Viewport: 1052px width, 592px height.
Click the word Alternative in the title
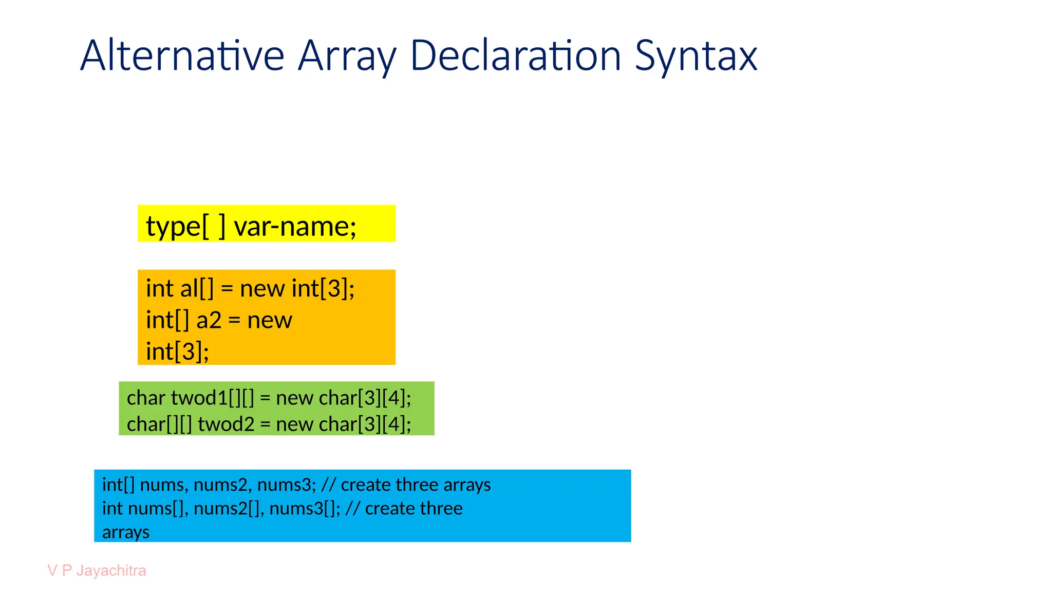(182, 55)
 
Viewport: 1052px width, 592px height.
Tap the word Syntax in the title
(696, 55)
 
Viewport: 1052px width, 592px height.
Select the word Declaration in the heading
(516, 55)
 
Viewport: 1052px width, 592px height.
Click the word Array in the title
(347, 55)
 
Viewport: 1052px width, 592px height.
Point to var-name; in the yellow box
(295, 226)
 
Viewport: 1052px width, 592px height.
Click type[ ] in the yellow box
(185, 226)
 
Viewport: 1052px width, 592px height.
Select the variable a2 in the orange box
(209, 320)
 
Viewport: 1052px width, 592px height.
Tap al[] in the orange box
(197, 288)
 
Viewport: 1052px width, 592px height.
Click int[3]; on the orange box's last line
(177, 352)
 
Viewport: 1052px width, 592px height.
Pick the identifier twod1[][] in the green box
(212, 398)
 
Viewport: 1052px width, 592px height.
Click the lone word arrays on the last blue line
(125, 532)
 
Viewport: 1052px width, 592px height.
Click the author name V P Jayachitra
(97, 570)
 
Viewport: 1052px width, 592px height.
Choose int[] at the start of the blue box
(118, 485)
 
